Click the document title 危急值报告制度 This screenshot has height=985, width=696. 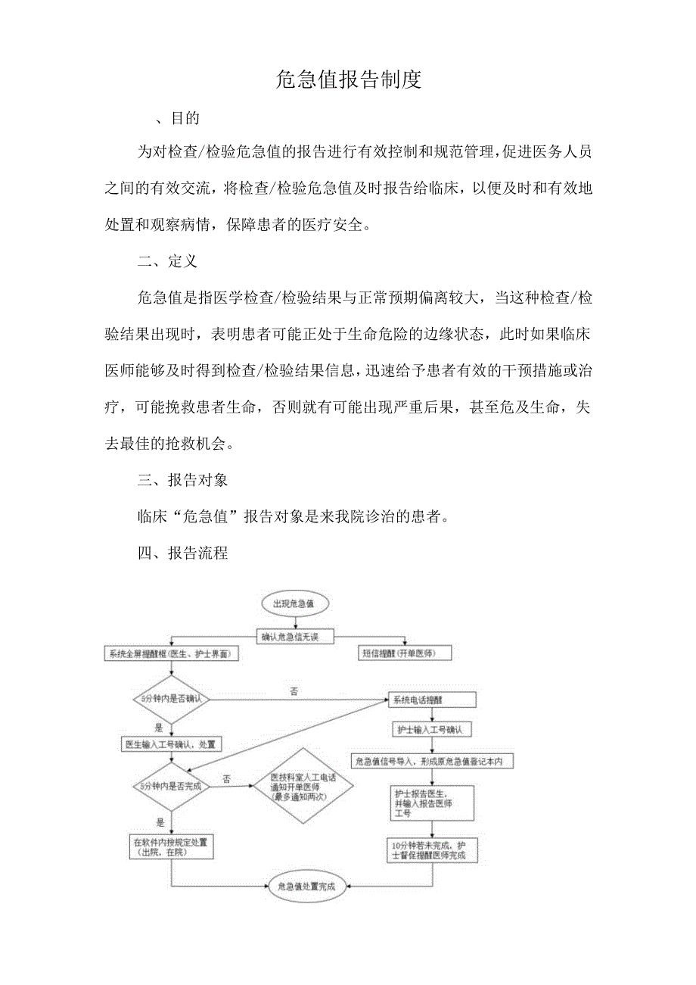(x=348, y=79)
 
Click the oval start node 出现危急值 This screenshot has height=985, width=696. (x=294, y=604)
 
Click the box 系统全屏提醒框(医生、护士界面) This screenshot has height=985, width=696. (x=172, y=653)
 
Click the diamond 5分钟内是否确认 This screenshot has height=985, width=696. (x=172, y=699)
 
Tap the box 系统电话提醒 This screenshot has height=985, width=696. (x=431, y=700)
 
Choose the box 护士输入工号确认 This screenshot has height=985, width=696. (x=433, y=730)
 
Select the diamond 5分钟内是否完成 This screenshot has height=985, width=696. (x=172, y=787)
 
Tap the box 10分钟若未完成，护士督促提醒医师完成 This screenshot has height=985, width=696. (x=433, y=850)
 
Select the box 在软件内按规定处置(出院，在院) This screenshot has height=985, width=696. (x=171, y=846)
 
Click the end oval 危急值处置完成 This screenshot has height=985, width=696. (x=306, y=885)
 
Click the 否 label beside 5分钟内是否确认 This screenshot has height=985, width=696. (x=294, y=691)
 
